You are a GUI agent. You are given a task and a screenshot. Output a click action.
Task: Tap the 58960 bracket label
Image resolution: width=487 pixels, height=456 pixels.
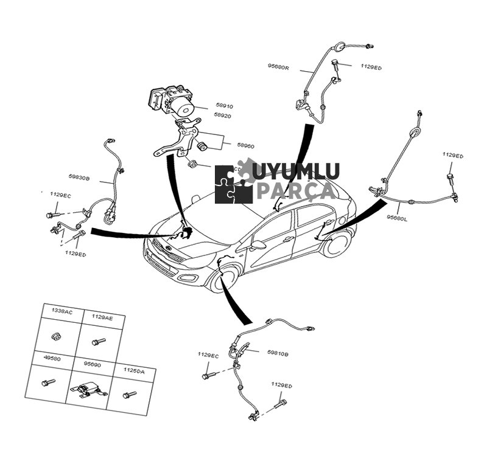coord(246,146)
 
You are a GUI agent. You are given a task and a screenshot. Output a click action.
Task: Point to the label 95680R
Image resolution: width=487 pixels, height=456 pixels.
coord(279,66)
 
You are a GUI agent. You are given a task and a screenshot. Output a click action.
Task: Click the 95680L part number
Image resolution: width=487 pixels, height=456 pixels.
coord(397,216)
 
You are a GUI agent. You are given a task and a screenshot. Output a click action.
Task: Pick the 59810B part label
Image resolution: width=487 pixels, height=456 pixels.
coord(278,353)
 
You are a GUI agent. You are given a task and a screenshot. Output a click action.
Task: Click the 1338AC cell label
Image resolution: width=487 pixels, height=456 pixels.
coord(61,312)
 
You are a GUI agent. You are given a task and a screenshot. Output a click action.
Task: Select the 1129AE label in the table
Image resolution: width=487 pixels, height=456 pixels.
coord(102,317)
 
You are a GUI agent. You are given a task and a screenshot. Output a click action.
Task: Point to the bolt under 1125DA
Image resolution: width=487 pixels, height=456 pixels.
coord(129,395)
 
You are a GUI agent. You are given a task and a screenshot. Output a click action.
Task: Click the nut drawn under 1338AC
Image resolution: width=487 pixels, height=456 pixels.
coord(57,336)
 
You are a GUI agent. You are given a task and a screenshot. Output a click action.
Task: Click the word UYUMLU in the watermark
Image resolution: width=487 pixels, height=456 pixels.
coord(296,171)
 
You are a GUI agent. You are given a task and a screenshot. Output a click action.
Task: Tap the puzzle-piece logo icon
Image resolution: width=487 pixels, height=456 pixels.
coord(234,184)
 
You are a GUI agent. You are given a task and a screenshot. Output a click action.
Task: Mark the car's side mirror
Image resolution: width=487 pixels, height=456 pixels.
coord(259,246)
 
